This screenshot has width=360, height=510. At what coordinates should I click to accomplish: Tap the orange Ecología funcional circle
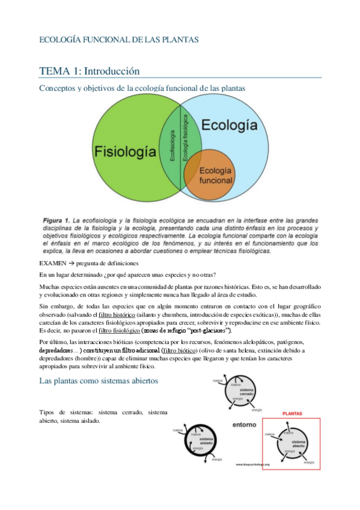pyautogui.click(x=215, y=175)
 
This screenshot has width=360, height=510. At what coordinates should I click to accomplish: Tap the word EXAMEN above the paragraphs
pyautogui.click(x=53, y=264)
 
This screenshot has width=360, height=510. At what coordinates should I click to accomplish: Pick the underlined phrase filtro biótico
pyautogui.click(x=180, y=350)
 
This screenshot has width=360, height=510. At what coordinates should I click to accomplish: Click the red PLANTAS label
pyautogui.click(x=291, y=414)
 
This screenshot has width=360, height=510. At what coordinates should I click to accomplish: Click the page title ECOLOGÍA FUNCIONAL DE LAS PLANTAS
pyautogui.click(x=118, y=40)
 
